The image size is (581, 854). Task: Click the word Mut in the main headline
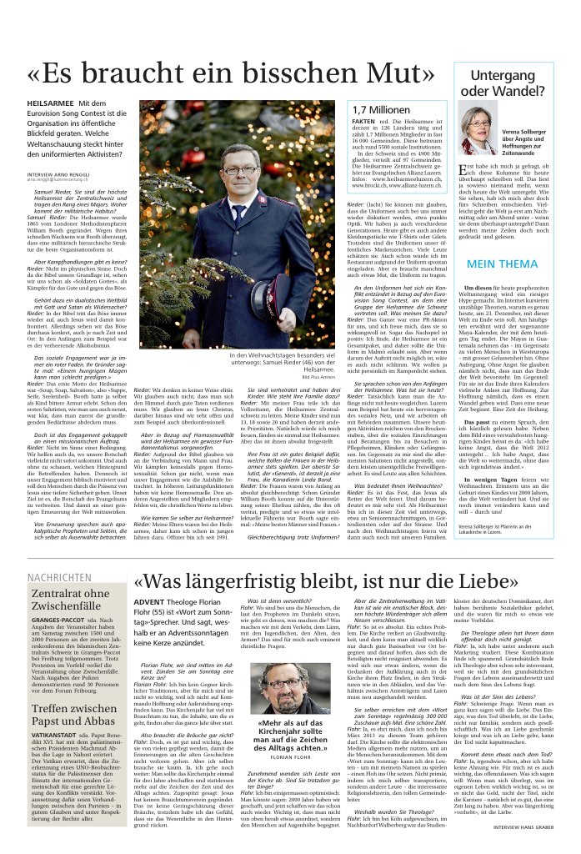395,73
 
